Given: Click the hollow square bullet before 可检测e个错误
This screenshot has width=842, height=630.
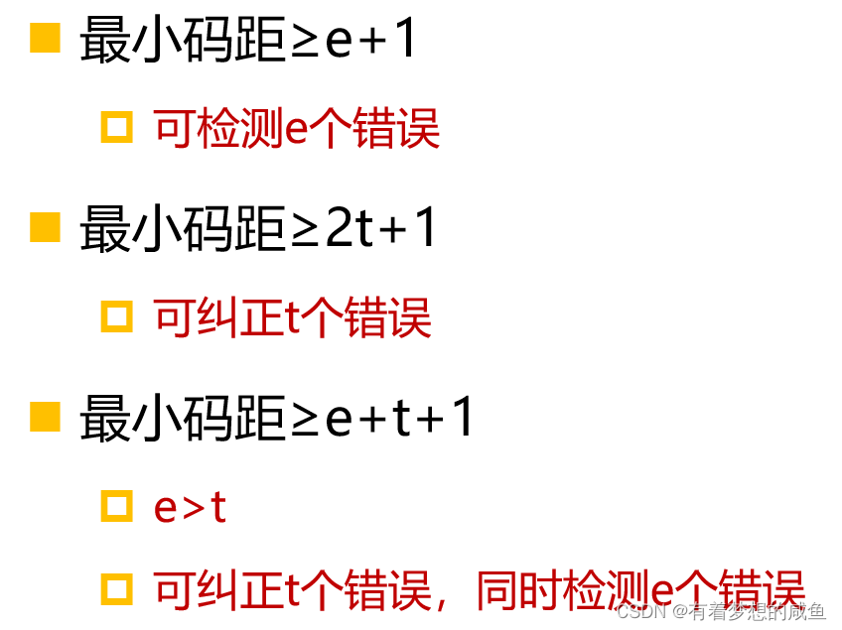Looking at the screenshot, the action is click(x=117, y=128).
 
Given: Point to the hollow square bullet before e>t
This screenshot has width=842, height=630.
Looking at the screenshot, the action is click(x=117, y=506).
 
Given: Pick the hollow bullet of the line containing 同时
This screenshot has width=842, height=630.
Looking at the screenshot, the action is click(x=117, y=590).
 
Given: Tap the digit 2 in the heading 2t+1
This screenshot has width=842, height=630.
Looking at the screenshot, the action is click(x=340, y=228).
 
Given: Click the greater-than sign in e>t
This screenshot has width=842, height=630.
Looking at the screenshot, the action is click(x=193, y=508).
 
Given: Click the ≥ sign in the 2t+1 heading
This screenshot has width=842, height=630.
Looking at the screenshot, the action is click(x=306, y=229).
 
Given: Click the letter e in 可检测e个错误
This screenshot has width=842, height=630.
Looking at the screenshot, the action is click(x=296, y=131).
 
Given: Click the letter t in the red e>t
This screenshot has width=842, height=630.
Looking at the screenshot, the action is click(x=218, y=507).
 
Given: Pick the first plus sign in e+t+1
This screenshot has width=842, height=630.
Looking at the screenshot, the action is click(x=372, y=419).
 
